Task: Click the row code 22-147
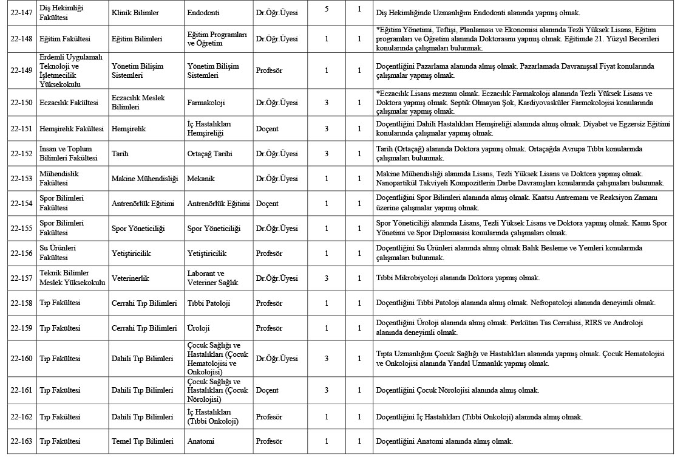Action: click(x=21, y=13)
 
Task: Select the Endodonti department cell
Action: click(x=203, y=13)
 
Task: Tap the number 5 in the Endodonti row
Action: click(x=327, y=10)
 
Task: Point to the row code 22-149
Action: click(x=21, y=71)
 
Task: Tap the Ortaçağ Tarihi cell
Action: click(x=209, y=154)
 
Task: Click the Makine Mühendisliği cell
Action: click(x=144, y=179)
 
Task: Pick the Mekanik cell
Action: click(x=200, y=179)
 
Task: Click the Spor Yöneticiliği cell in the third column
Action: click(x=214, y=229)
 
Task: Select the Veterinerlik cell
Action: click(x=130, y=278)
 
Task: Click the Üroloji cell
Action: click(x=199, y=328)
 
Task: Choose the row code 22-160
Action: click(x=21, y=359)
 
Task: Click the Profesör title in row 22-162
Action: click(x=269, y=417)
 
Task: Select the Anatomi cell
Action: click(x=200, y=441)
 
